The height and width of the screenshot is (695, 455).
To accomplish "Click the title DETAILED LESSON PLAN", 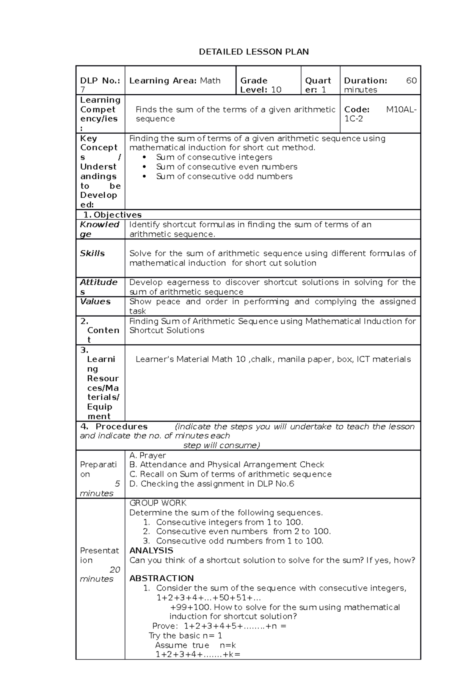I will coord(254,52).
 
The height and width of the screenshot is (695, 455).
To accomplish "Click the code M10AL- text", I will coord(401,109).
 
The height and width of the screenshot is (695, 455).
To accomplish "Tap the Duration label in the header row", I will coord(365,81).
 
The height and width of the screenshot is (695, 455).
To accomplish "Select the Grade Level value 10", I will coord(276,90).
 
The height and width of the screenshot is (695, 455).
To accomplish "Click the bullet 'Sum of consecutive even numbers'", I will coord(226,167).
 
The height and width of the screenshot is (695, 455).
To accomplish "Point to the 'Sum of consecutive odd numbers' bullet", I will coord(224,176).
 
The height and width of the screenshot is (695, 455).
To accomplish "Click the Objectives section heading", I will coord(117,215).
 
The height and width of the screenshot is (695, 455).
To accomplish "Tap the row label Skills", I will coord(92,253).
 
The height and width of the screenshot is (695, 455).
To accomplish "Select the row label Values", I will coord(95,301).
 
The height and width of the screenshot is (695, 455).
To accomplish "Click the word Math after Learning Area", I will coord(210,81).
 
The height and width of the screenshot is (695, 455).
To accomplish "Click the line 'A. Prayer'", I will coord(147,455).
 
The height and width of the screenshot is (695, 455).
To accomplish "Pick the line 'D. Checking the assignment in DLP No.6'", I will coord(212,484).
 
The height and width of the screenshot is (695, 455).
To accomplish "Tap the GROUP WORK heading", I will coord(158,503).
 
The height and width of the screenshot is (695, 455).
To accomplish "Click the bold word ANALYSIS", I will coord(151,551).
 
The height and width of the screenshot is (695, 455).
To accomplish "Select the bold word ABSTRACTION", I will coord(161,578).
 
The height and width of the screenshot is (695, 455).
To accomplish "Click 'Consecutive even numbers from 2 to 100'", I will coord(243,531).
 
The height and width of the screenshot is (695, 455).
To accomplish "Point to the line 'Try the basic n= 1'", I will coord(185,636).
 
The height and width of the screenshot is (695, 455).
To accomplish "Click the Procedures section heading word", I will coord(121,426).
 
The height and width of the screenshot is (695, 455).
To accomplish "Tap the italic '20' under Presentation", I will coord(115,570).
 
